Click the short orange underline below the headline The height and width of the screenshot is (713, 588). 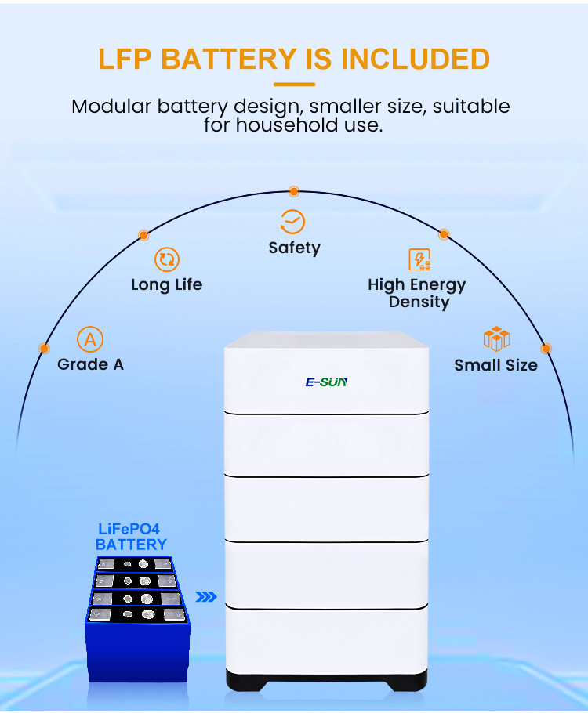(x=294, y=84)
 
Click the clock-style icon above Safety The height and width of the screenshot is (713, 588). (x=293, y=222)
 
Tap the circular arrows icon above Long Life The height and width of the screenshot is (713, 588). (x=166, y=260)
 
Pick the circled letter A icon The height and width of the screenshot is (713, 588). (x=90, y=340)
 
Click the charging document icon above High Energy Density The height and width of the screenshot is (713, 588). (x=419, y=260)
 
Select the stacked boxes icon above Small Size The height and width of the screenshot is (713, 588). (x=496, y=338)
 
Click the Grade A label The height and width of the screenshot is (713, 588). (x=90, y=364)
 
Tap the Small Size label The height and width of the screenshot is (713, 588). (x=496, y=365)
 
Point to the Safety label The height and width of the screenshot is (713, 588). (x=294, y=248)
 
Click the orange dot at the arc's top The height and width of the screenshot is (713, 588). (x=293, y=191)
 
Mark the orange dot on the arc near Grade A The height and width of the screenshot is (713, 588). (x=44, y=348)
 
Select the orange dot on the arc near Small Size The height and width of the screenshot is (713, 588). (x=546, y=348)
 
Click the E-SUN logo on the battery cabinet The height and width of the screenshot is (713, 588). (x=326, y=382)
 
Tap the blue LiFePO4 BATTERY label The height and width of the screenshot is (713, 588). (x=131, y=537)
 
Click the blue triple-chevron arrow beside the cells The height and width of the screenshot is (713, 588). (x=206, y=597)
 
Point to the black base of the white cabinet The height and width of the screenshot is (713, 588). (x=327, y=679)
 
